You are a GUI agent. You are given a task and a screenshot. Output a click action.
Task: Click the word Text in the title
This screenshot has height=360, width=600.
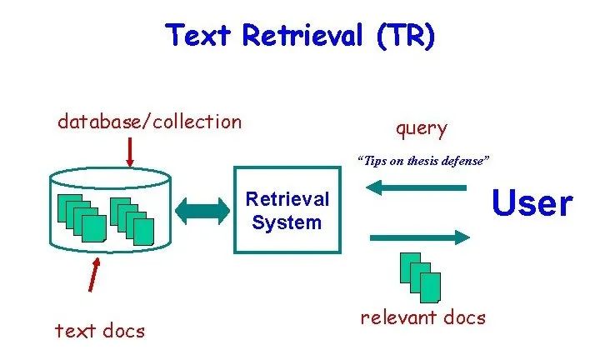point(200,36)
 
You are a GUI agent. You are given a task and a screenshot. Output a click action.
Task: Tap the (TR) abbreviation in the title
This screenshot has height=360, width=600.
point(406,36)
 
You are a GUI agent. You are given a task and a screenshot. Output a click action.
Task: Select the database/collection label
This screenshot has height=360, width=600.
point(149,122)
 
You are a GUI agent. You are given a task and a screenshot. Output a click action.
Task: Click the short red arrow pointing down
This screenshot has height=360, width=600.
point(130,152)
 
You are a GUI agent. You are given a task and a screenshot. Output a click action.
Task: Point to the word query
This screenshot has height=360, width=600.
point(421,128)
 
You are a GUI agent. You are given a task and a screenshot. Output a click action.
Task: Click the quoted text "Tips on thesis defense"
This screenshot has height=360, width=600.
point(422,160)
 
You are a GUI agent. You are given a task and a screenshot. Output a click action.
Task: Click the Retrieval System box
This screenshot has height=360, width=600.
point(287,212)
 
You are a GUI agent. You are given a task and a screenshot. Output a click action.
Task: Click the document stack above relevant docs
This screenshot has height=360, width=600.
point(420,276)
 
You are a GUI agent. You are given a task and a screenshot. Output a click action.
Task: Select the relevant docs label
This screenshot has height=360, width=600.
point(422,317)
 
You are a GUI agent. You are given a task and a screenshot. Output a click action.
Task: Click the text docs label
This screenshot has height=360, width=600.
point(100,331)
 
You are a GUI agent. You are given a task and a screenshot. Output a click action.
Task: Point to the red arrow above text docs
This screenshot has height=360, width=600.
point(95,274)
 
